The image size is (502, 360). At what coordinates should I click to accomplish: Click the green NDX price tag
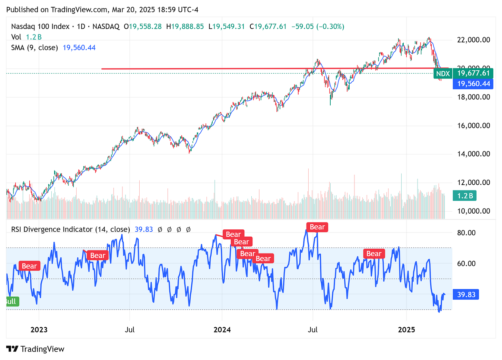443,73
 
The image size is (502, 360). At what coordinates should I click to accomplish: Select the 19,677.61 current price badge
473,73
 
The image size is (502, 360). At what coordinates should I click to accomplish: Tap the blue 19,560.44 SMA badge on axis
473,84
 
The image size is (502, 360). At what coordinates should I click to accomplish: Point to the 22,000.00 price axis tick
473,40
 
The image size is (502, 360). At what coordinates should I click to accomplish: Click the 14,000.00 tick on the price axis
473,154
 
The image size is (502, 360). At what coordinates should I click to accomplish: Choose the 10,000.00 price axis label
473,211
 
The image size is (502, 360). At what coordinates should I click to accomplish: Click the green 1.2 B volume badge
465,196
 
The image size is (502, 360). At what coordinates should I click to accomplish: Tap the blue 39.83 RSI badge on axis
466,295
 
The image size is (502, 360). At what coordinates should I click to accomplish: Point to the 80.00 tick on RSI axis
466,233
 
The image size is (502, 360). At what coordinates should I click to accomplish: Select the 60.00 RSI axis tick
466,264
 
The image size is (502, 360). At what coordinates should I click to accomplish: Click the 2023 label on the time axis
39,330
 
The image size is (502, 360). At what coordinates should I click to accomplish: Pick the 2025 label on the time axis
406,330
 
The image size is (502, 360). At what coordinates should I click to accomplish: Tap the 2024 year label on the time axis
222,330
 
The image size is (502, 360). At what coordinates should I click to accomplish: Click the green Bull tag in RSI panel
11,301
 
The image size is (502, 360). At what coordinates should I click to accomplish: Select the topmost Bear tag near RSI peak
317,227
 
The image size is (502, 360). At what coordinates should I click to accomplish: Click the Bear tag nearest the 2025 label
374,254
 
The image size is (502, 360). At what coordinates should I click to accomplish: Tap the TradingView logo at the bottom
36,349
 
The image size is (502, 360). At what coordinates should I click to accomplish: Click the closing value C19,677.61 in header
268,27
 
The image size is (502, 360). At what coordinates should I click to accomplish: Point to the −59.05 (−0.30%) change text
318,27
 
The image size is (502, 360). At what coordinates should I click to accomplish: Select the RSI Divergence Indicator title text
70,229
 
